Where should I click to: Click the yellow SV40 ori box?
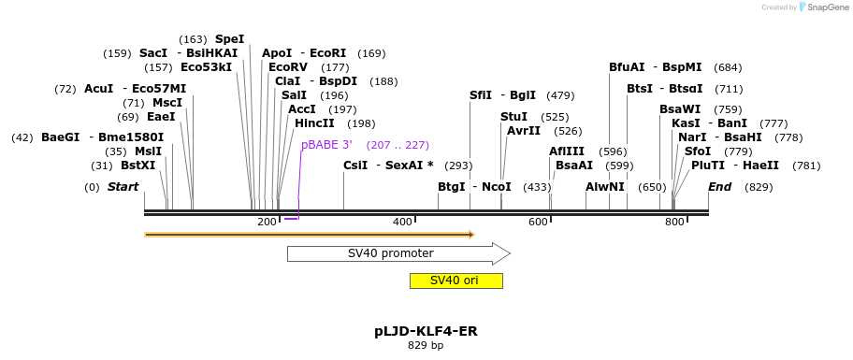click(x=455, y=281)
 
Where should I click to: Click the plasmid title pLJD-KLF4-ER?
click(x=426, y=331)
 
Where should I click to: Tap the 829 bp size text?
click(x=426, y=346)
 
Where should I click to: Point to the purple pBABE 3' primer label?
click(x=326, y=145)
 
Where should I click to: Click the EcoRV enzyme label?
click(x=288, y=67)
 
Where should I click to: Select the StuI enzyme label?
click(x=513, y=117)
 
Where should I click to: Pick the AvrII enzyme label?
click(x=524, y=131)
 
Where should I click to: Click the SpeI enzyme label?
click(x=229, y=39)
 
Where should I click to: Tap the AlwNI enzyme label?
click(x=604, y=187)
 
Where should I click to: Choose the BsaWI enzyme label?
click(x=680, y=109)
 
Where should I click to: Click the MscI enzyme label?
click(x=167, y=103)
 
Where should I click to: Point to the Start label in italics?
click(x=123, y=187)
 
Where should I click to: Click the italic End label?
click(x=719, y=187)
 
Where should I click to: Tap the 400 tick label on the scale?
click(x=402, y=222)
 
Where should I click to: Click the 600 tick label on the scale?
click(x=538, y=222)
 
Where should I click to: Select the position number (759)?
click(x=728, y=109)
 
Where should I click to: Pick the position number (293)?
click(x=458, y=166)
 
